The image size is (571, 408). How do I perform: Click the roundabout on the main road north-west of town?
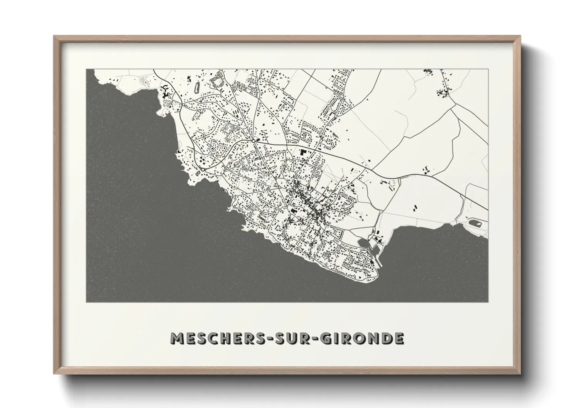pos(253,141)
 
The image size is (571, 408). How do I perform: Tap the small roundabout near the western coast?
pos(203,169)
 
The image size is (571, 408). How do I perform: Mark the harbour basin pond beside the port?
pos(363,243)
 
